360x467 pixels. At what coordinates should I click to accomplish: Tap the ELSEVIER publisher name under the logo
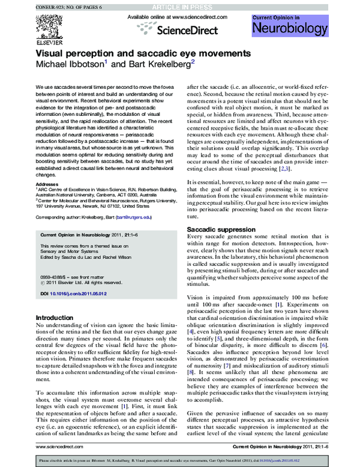click(x=47, y=43)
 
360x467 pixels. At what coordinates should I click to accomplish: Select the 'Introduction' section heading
click(x=55, y=318)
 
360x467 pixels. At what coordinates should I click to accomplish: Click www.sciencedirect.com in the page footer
click(x=56, y=446)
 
